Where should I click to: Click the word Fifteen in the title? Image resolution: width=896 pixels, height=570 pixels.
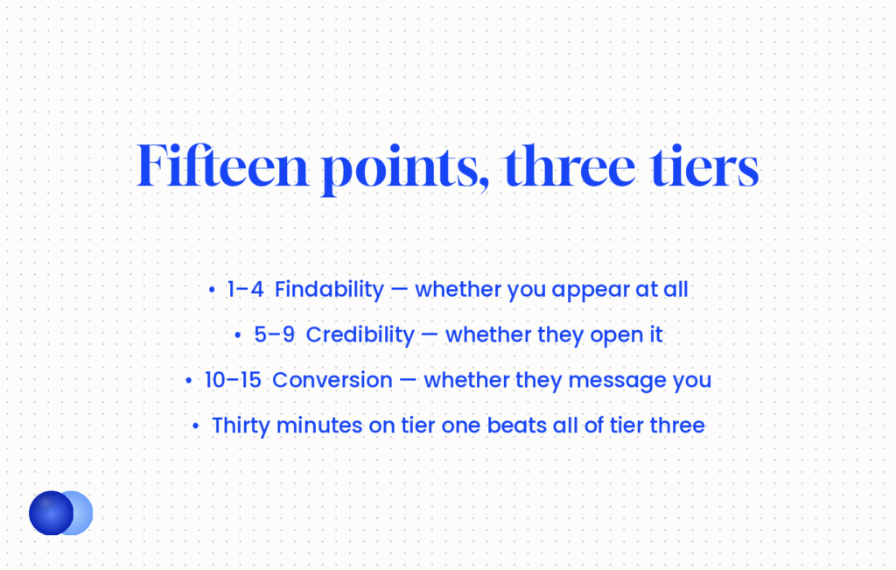coord(222,165)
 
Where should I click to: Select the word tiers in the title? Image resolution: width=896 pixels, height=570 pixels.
coord(704,165)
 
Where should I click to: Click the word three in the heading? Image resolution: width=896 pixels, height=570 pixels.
coord(570,165)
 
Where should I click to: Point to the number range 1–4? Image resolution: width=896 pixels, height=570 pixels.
coord(245,289)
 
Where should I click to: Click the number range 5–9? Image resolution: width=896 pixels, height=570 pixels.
coord(274,335)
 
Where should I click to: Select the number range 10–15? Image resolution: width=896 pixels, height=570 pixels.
coord(233,380)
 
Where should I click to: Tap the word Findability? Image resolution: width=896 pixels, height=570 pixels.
coord(329,290)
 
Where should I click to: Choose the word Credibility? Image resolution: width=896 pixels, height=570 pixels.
coord(360,335)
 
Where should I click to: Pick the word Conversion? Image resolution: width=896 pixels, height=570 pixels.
coord(332,380)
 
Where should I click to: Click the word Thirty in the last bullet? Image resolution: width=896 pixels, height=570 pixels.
coord(241,426)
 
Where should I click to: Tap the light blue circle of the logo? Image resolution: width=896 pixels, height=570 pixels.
coord(84,513)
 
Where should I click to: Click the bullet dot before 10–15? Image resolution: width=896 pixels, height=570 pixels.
coord(189,381)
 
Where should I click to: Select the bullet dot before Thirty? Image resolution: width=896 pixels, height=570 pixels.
coord(195,426)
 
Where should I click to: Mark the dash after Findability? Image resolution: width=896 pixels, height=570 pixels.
coord(399,290)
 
